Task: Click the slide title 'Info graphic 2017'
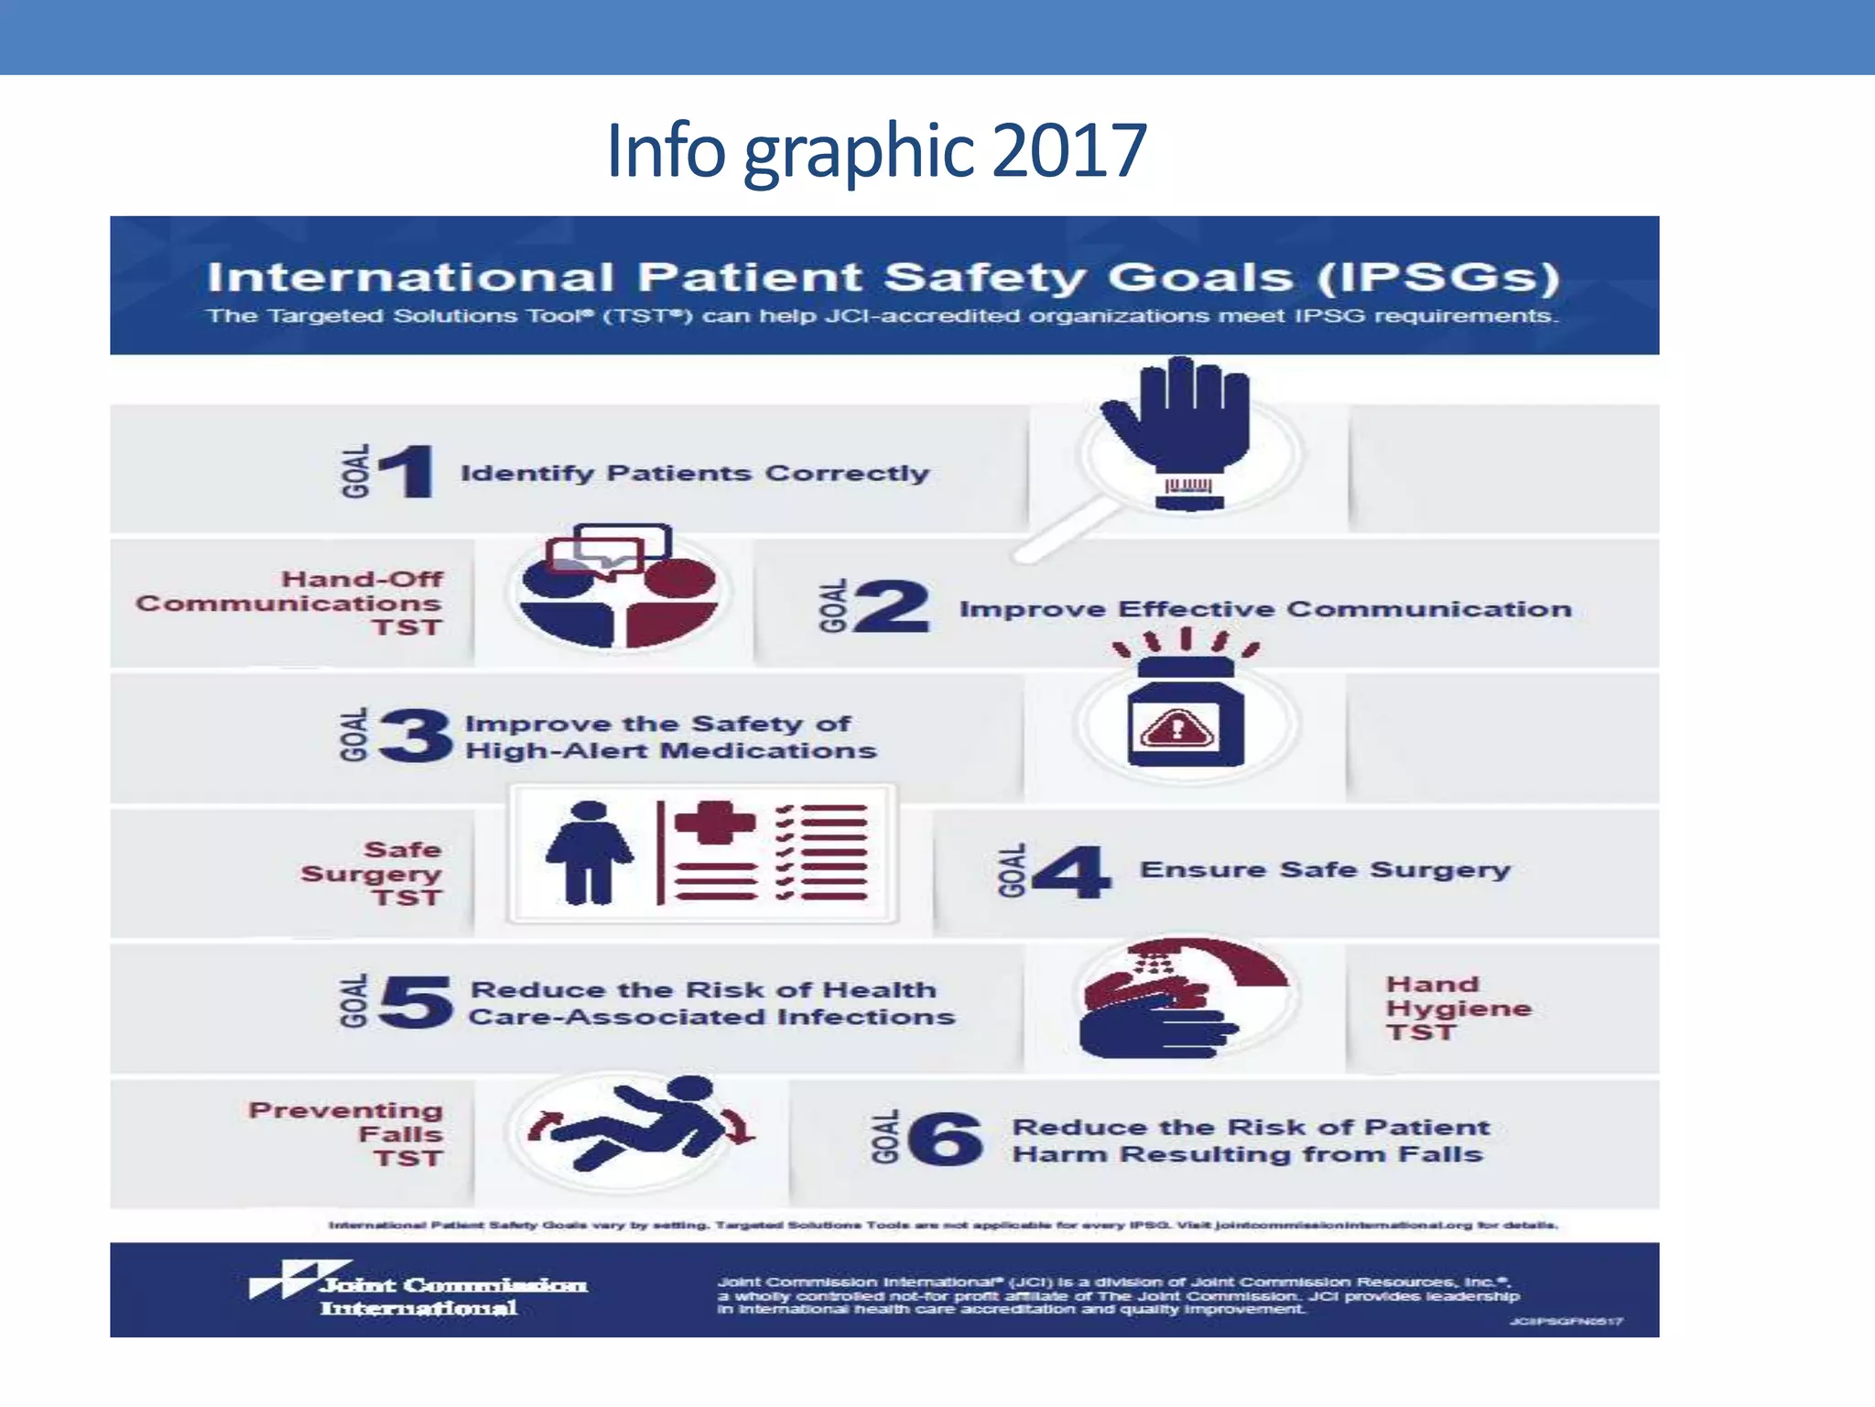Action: point(876,151)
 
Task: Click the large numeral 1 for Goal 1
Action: point(406,471)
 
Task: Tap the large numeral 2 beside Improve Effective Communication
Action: point(891,606)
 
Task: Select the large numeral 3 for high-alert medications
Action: point(417,736)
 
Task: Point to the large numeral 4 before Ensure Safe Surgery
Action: point(1072,871)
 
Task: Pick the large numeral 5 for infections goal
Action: point(417,1001)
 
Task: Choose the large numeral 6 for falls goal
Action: point(946,1139)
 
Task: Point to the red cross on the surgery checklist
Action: point(715,822)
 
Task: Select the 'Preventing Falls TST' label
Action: point(348,1134)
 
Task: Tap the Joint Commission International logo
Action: point(418,1290)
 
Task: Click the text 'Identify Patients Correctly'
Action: point(694,473)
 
